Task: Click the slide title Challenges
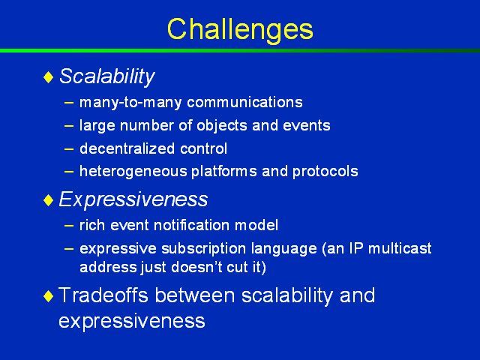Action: point(240,30)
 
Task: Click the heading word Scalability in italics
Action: point(106,76)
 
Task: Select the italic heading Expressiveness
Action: point(133,199)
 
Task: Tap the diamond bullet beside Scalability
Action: point(49,77)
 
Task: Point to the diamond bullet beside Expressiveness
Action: point(49,200)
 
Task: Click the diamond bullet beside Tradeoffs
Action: point(49,296)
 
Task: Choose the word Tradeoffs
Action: point(103,295)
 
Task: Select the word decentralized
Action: point(127,148)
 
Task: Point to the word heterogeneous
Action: point(133,172)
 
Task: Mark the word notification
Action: point(192,225)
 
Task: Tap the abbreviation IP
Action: point(357,248)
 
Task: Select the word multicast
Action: point(400,248)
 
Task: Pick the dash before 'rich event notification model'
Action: point(69,226)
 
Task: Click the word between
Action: point(195,295)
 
